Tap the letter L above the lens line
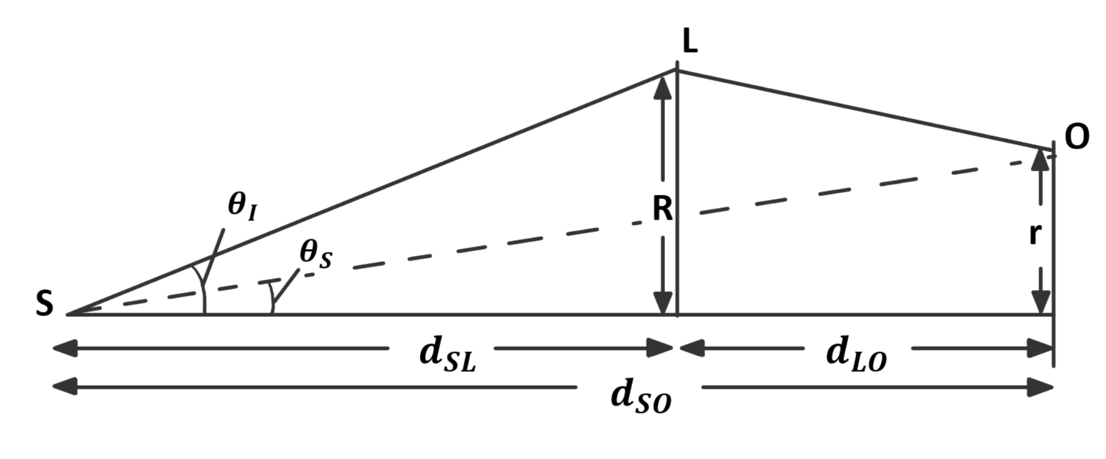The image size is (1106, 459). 689,42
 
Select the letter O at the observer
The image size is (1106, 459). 1076,138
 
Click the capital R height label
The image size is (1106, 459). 661,210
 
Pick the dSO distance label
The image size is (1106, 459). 640,397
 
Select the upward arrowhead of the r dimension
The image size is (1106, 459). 1041,159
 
